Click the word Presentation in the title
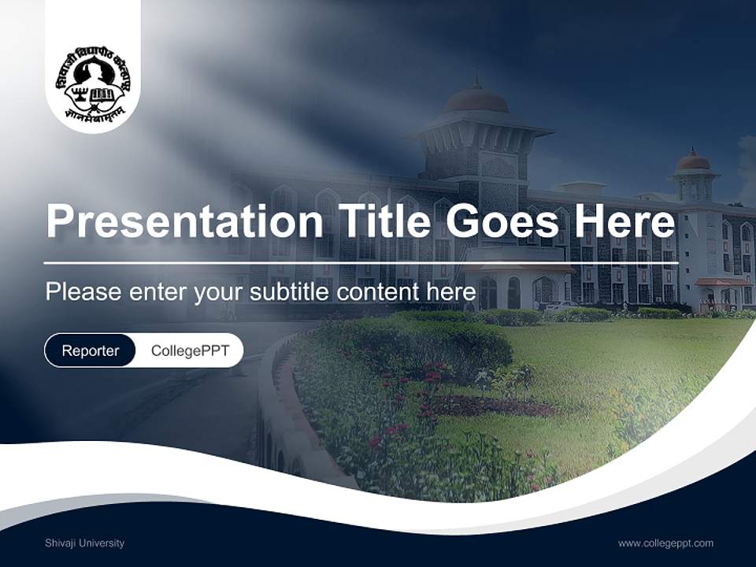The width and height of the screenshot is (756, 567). click(184, 222)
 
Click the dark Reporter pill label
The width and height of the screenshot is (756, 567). click(90, 350)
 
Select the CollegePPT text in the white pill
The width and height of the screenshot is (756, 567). click(190, 350)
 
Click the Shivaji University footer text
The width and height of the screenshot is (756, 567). click(84, 543)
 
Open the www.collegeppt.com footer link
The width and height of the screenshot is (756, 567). click(665, 543)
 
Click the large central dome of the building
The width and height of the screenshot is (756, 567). click(476, 99)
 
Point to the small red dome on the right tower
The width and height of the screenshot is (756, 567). click(693, 161)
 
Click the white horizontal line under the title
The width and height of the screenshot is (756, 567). click(361, 263)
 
